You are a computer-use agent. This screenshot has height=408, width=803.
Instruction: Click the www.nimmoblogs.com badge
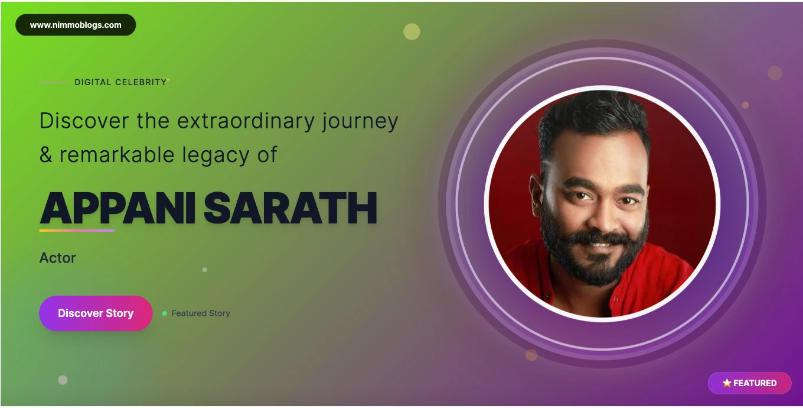pyautogui.click(x=76, y=25)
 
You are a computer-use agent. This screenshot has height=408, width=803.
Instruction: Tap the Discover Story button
pyautogui.click(x=96, y=313)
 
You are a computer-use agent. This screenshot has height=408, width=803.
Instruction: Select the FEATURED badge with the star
pyautogui.click(x=750, y=383)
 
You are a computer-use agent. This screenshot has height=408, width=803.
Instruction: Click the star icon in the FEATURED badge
pyautogui.click(x=727, y=383)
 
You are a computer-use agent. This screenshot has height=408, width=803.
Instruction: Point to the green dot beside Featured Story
pyautogui.click(x=165, y=313)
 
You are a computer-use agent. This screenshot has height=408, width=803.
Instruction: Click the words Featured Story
pyautogui.click(x=201, y=313)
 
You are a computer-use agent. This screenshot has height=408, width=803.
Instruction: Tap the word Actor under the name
pyautogui.click(x=57, y=258)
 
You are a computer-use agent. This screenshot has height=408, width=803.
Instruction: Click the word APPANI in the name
pyautogui.click(x=117, y=208)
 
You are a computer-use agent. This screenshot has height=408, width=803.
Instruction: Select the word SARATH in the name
pyautogui.click(x=290, y=208)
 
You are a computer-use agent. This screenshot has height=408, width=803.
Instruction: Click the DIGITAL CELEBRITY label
pyautogui.click(x=120, y=82)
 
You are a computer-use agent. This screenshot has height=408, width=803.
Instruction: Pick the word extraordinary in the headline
pyautogui.click(x=246, y=121)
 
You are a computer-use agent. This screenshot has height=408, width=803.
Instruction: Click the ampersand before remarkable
pyautogui.click(x=46, y=155)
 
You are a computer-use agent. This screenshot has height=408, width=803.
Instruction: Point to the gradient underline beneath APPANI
pyautogui.click(x=77, y=231)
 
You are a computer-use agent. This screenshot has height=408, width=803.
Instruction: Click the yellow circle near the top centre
pyautogui.click(x=412, y=31)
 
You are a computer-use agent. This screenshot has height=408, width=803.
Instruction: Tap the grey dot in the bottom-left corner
pyautogui.click(x=63, y=380)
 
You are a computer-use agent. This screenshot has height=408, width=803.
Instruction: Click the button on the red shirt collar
pyautogui.click(x=548, y=296)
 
